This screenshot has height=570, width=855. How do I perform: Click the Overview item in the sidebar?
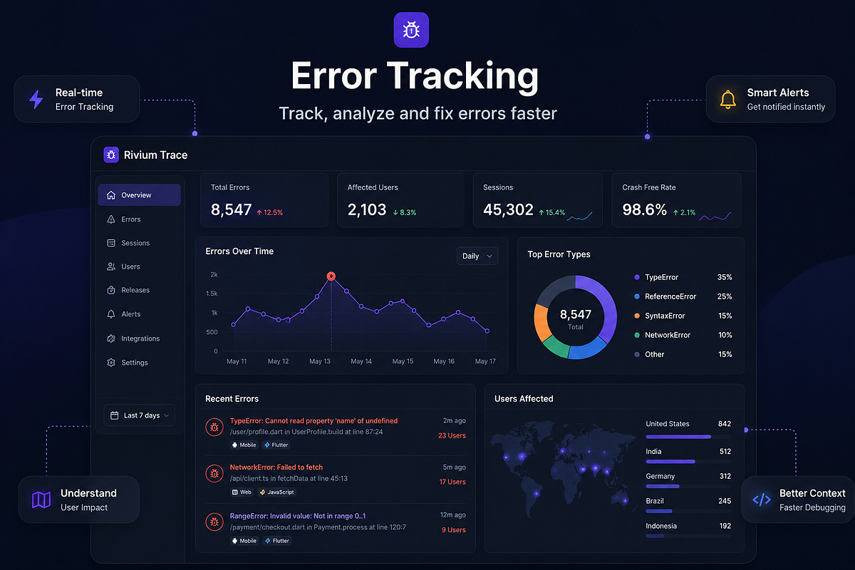pos(139,195)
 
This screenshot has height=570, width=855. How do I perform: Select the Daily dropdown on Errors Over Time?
pos(477,256)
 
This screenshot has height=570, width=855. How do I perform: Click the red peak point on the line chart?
pos(331,276)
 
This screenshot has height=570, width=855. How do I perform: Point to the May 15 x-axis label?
pos(403,361)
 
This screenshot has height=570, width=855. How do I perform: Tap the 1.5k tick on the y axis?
pos(212,294)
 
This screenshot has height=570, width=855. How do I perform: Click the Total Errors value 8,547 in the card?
pos(231,209)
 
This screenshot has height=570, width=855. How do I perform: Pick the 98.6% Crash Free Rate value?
pos(644,209)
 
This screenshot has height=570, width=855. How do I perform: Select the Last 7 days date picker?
pos(140,415)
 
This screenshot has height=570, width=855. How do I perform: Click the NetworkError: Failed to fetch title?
pos(276,467)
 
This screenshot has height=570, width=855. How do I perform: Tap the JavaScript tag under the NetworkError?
pos(277,492)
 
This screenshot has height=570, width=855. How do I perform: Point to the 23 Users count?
pos(452,435)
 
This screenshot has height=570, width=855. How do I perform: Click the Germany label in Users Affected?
pos(660,476)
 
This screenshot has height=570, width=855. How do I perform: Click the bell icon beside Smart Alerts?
pos(728,100)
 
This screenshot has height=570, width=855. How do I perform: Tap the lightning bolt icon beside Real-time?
pos(36,99)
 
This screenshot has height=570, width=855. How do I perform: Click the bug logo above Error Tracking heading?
pos(411,30)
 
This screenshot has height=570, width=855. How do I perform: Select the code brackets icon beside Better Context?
pos(762,499)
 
